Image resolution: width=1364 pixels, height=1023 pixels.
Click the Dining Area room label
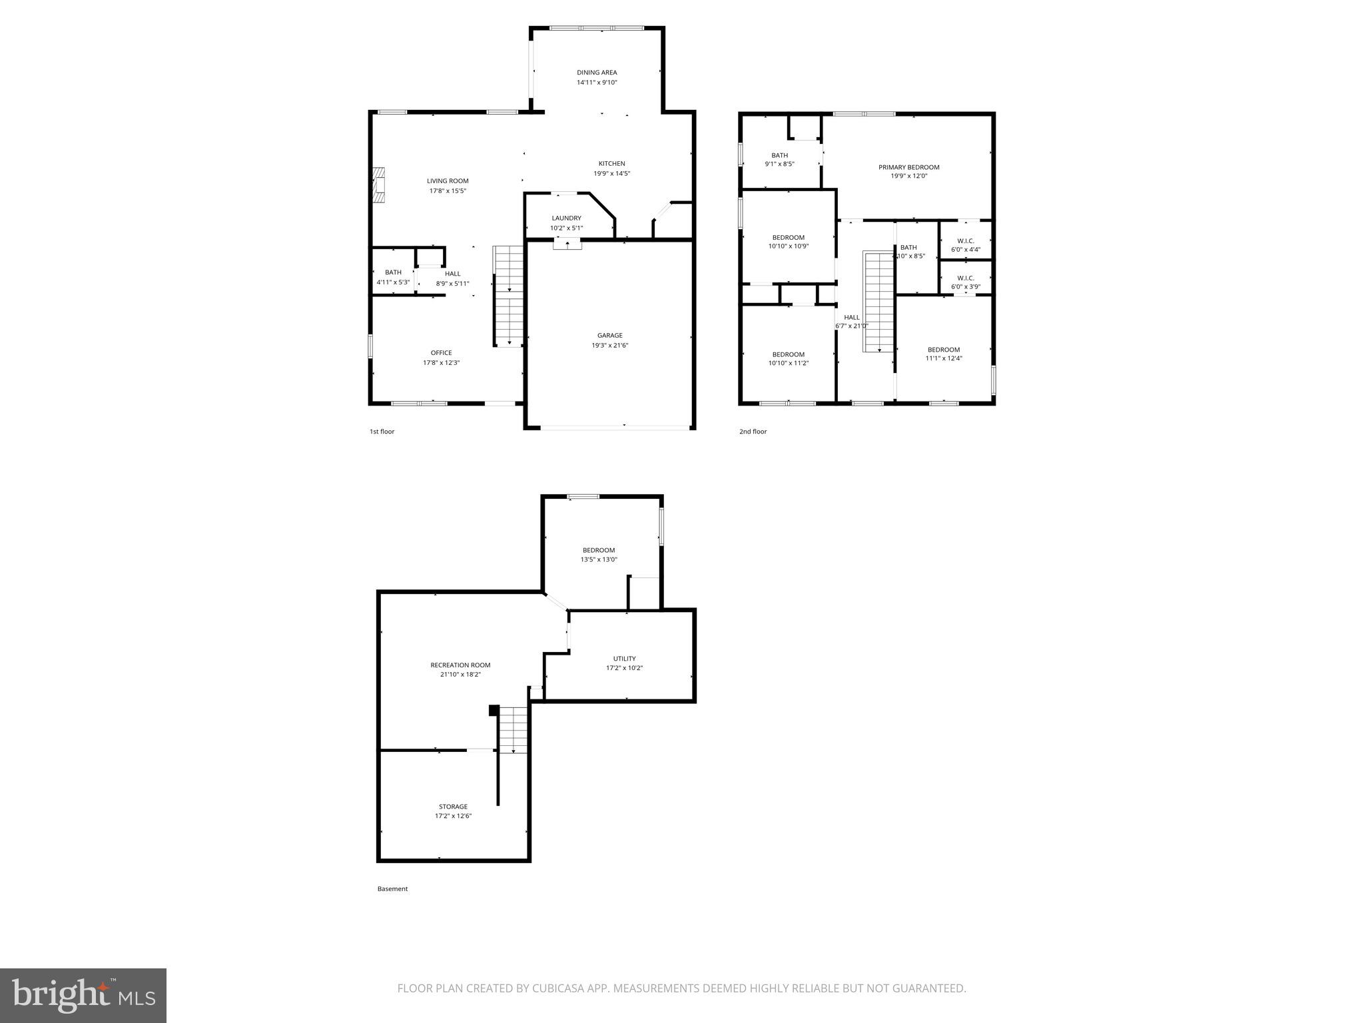(x=597, y=73)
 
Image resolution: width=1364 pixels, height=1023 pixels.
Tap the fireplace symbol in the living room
(x=379, y=184)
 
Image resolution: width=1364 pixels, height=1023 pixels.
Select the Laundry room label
(x=566, y=218)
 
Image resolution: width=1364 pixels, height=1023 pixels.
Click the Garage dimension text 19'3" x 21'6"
(x=610, y=346)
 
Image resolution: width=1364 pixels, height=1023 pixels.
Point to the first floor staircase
(x=509, y=296)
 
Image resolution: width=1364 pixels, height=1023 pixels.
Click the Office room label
(x=441, y=353)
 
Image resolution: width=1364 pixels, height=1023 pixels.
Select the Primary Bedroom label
(x=908, y=168)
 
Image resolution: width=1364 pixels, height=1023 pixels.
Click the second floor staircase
(x=878, y=301)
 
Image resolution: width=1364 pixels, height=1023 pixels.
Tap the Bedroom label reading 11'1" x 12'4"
(x=944, y=350)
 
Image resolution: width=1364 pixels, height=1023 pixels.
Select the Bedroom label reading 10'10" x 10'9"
(x=788, y=238)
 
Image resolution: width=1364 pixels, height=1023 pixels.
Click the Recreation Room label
(x=460, y=665)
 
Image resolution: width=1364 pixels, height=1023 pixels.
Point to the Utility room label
(x=624, y=659)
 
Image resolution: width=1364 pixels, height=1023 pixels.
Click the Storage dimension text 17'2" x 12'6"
(x=453, y=816)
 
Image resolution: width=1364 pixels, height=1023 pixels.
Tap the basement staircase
(x=513, y=730)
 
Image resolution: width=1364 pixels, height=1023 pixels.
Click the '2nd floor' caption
(x=753, y=432)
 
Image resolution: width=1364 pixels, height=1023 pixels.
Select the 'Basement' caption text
(x=392, y=888)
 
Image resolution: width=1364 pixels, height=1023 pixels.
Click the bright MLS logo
(x=83, y=995)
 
